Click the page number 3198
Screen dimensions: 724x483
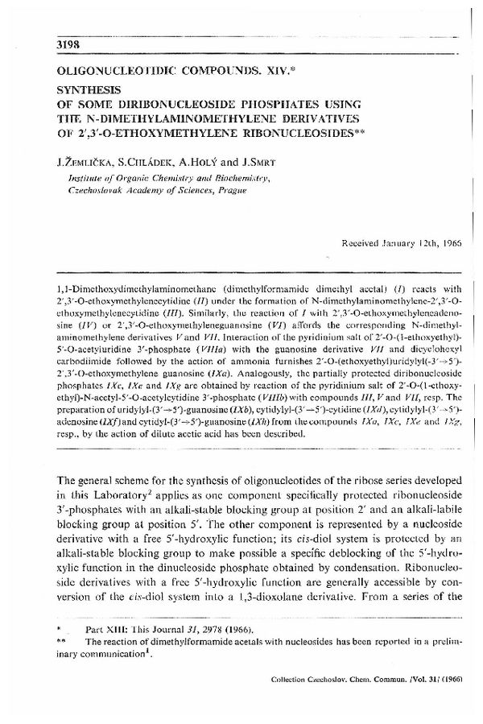[x=70, y=43]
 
